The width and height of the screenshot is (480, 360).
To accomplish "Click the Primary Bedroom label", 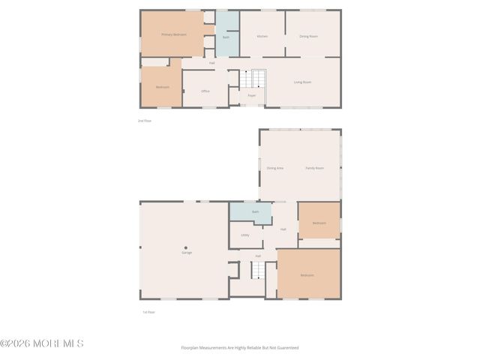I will pos(174,34).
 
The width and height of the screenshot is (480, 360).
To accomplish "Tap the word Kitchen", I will pos(262,36).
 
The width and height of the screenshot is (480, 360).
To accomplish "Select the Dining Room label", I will pos(308,36).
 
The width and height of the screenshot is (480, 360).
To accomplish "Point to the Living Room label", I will pos(303,82).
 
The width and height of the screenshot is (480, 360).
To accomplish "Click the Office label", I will pos(205,91).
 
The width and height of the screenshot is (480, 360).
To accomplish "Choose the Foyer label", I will pos(252,95).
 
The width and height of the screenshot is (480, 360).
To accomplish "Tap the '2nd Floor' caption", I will pos(145,120).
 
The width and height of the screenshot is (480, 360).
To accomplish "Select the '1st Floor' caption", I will pos(148,312).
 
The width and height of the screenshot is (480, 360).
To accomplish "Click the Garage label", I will pos(186,253).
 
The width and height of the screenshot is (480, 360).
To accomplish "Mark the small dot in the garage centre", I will pos(186,247).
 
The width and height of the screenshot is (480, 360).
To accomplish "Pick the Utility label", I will pos(245,235).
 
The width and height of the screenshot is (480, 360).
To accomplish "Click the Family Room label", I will pos(314,168).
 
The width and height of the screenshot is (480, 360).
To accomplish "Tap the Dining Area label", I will pos(274,168).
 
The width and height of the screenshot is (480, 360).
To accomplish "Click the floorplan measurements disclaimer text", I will pos(239,347).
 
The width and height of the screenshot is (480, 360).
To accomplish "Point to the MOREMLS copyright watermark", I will pos(42,343).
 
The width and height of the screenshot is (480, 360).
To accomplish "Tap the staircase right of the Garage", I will pos(258,269).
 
